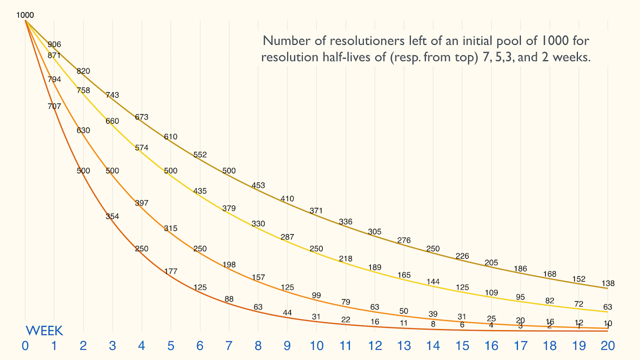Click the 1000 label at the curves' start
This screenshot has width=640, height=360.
pyautogui.click(x=25, y=15)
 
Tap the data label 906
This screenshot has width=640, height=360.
pyautogui.click(x=54, y=44)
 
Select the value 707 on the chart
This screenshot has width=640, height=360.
pyautogui.click(x=54, y=106)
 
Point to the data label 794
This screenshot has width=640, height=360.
pyautogui.click(x=54, y=79)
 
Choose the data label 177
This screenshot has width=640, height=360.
pyautogui.click(x=171, y=271)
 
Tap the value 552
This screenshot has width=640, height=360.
pyautogui.click(x=200, y=155)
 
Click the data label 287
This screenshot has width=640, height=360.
pyautogui.click(x=287, y=236)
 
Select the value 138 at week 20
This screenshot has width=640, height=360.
pyautogui.click(x=607, y=284)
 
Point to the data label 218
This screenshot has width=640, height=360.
pyautogui.click(x=346, y=259)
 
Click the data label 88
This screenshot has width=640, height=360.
pyautogui.click(x=229, y=299)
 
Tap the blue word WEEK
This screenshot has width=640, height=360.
pyautogui.click(x=45, y=330)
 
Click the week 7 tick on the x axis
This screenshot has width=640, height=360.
pyautogui.click(x=229, y=346)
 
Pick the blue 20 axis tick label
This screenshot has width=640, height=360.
pyautogui.click(x=607, y=346)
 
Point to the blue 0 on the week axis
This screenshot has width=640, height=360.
pyautogui.click(x=25, y=346)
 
